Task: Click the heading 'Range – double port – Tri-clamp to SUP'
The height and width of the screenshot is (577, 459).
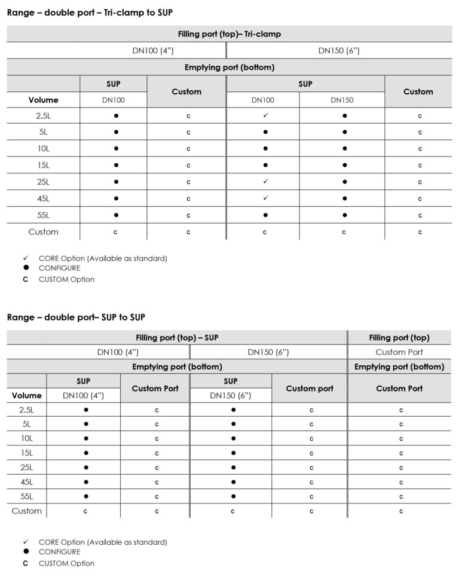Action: pos(90,13)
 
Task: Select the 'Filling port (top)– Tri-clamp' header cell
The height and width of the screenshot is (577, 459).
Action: pos(229,34)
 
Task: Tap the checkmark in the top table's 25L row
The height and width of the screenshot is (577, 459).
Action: pos(265,181)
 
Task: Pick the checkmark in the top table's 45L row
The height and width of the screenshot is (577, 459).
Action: pos(265,198)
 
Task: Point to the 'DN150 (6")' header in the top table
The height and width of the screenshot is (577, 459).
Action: pos(339,51)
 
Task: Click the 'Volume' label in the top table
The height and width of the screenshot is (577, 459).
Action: pos(43,100)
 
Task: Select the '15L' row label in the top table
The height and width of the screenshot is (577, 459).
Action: pos(43,165)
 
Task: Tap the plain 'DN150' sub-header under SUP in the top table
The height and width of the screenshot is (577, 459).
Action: pos(342,100)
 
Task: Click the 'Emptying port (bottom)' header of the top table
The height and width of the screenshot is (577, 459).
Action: pos(229,68)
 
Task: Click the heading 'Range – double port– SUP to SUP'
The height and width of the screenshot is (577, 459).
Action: pos(76,317)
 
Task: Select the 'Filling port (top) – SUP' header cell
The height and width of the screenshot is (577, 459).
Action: pos(177,338)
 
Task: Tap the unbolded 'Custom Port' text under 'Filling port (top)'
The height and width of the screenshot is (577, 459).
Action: pos(399,352)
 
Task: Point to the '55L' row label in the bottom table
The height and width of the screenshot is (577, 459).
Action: pos(27,496)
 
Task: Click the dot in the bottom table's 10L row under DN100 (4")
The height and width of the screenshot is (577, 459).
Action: pos(86,439)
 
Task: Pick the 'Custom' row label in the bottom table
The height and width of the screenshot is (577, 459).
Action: pos(27,511)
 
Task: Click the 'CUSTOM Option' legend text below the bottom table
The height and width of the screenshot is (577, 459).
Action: pos(66,563)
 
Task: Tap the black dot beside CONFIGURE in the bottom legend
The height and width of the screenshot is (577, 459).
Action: pos(26,552)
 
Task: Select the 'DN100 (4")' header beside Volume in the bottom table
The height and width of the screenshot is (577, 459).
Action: pos(83,395)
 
